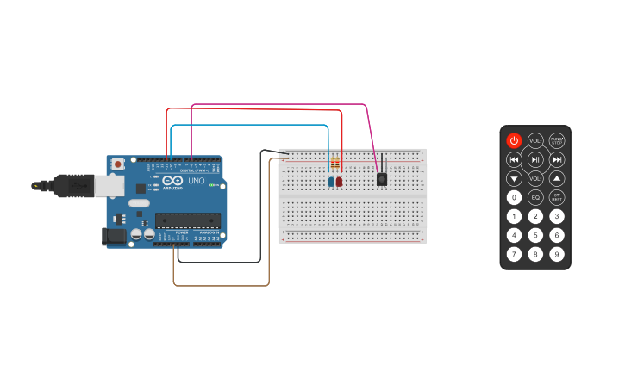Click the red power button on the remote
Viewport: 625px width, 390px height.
(514, 140)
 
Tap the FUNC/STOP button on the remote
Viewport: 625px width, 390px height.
(558, 140)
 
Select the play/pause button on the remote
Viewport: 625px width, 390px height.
(535, 159)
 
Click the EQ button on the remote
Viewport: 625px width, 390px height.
(535, 197)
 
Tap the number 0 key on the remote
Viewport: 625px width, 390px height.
(514, 197)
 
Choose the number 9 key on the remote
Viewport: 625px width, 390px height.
(558, 254)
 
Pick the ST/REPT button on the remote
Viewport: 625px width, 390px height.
(558, 197)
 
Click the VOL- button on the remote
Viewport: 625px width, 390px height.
(535, 179)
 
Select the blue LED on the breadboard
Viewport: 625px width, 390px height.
(331, 182)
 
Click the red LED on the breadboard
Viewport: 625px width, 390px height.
(340, 182)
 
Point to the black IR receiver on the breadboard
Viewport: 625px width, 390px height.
(381, 179)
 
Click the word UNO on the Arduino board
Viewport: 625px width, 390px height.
(196, 181)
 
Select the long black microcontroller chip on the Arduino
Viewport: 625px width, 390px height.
(187, 220)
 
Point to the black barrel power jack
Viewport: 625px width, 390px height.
(112, 235)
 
